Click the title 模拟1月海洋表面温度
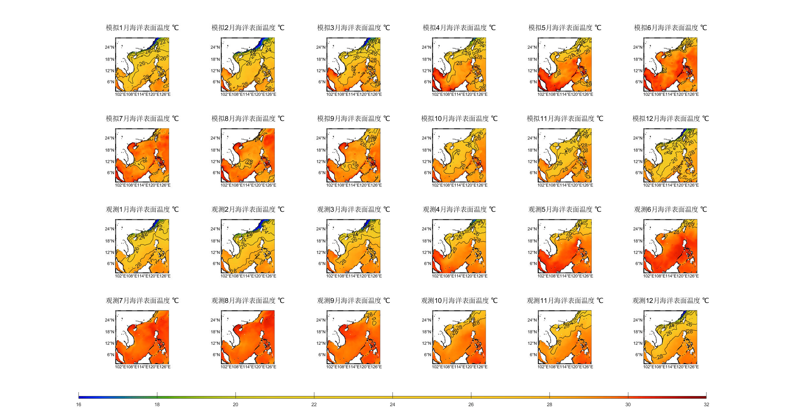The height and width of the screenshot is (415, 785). pos(142,28)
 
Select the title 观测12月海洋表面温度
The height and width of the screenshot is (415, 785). pos(671,301)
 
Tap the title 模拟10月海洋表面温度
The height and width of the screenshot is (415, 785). pos(459,119)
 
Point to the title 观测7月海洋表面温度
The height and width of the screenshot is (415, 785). pos(142,301)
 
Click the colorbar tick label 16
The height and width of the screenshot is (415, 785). pos(78,405)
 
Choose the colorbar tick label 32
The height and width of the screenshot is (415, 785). pos(706,405)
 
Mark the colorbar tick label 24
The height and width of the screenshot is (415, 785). pos(392,405)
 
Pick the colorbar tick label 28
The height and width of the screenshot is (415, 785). pos(549,405)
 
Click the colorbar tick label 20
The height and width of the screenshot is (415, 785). pos(235,405)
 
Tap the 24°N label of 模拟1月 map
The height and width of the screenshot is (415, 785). pos(110,47)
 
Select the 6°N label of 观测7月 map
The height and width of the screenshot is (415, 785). pos(111,355)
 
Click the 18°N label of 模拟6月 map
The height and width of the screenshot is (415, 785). pos(638,59)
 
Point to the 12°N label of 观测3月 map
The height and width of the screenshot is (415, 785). pos(321,253)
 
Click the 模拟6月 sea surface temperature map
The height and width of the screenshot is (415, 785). pos(671,64)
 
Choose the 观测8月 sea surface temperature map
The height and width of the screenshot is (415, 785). pos(248,337)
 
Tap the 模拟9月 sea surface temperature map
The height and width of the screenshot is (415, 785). pos(354,155)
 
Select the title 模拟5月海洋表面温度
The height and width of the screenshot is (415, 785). pos(565,28)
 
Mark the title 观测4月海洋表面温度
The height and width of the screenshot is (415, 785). pos(459,209)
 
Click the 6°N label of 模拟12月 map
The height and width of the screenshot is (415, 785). pos(639,173)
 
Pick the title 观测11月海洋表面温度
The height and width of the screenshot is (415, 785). pos(565,301)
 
